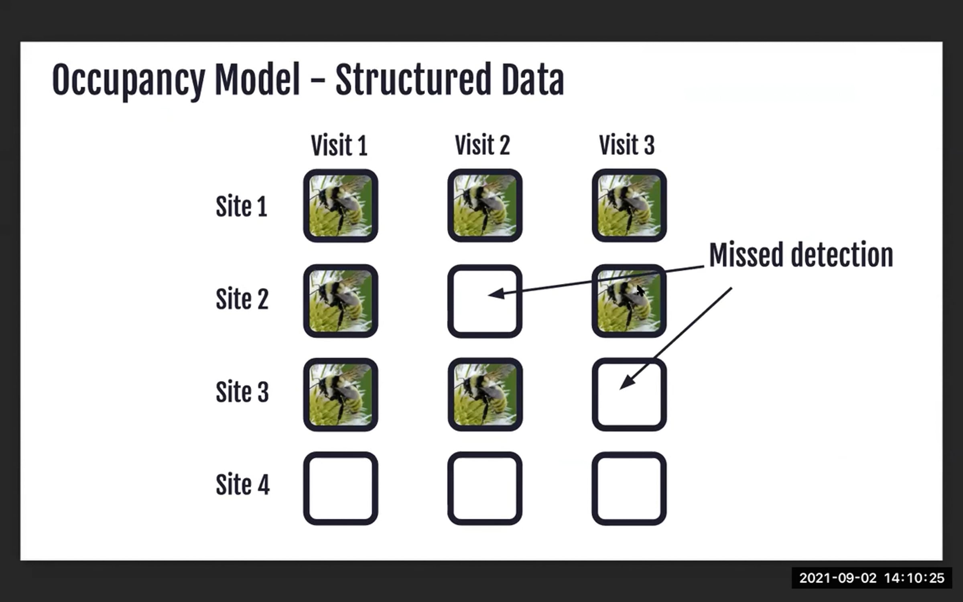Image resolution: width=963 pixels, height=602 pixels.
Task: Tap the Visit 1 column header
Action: (339, 145)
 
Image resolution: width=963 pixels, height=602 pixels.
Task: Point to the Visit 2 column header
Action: (482, 145)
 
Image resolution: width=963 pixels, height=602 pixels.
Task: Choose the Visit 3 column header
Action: (627, 145)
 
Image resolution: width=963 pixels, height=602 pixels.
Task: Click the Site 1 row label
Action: (241, 206)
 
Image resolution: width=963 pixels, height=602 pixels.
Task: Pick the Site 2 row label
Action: (242, 299)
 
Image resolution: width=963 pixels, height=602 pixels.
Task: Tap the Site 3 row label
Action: (242, 392)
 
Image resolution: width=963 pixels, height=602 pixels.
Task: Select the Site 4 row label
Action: (242, 484)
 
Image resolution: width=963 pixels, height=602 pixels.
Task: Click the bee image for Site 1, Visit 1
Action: (340, 205)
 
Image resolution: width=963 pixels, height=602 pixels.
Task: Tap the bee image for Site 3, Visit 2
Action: (485, 395)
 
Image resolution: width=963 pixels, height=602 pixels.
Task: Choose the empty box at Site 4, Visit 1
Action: (340, 488)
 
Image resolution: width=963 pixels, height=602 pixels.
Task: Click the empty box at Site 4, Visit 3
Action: (629, 488)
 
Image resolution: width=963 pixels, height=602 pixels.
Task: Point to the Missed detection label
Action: (801, 255)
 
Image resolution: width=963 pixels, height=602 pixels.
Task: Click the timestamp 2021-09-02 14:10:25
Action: (872, 578)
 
